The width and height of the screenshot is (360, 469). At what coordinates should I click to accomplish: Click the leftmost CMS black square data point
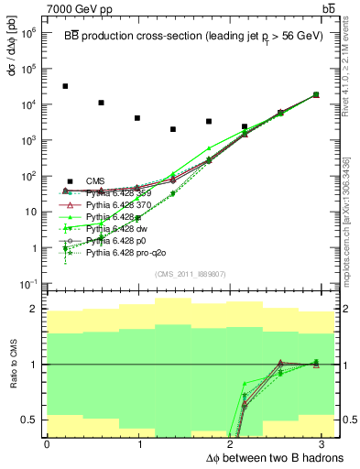pyautogui.click(x=65, y=86)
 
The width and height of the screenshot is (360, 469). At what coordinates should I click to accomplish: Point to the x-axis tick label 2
pyautogui.click(x=233, y=444)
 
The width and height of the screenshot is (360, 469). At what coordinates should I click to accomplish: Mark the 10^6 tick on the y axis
pyautogui.click(x=28, y=32)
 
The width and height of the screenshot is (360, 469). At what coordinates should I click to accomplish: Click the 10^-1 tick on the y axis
pyautogui.click(x=28, y=284)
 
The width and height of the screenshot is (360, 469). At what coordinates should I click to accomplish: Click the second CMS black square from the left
pyautogui.click(x=101, y=103)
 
